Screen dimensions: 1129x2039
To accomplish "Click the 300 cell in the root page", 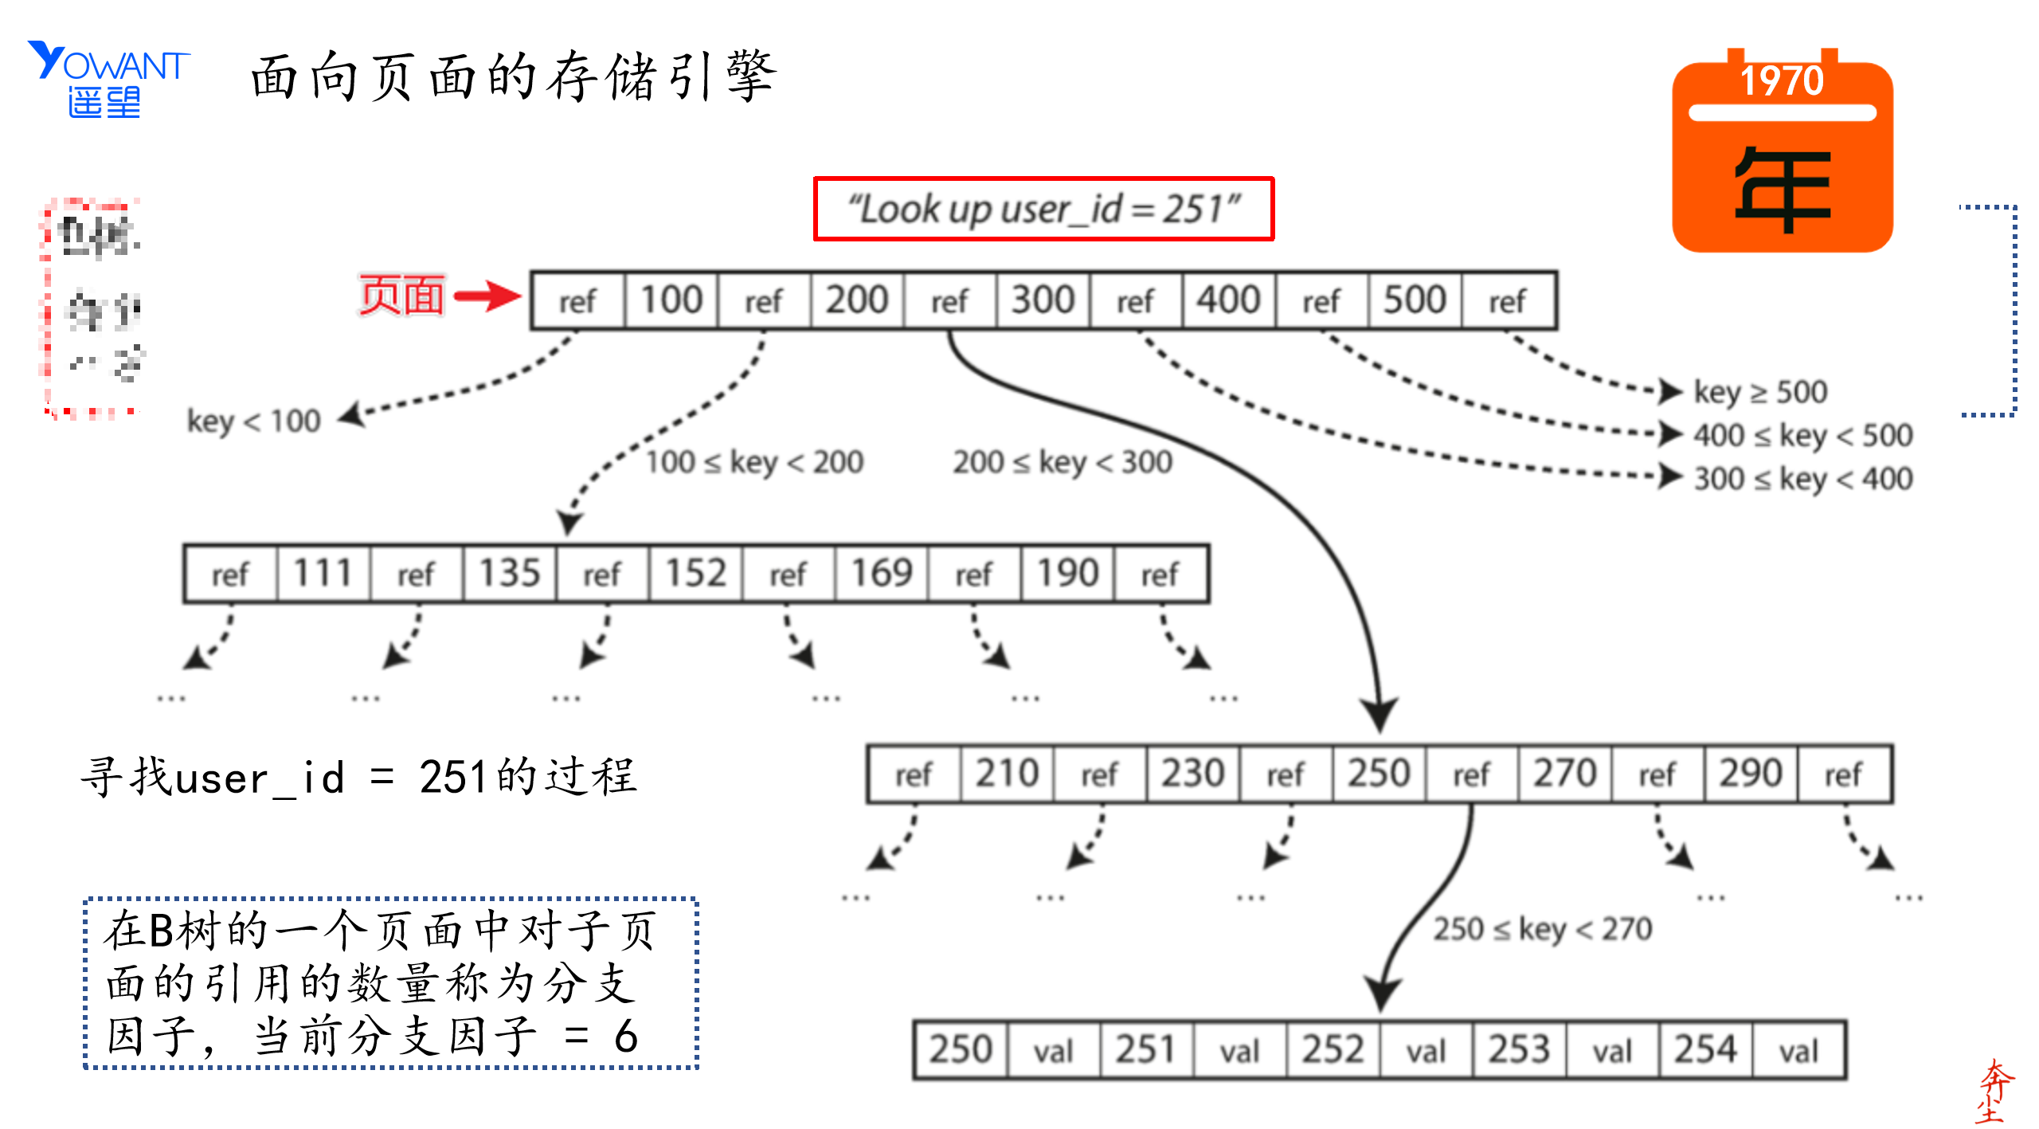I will tap(1043, 300).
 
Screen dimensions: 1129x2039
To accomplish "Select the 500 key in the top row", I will tap(1415, 300).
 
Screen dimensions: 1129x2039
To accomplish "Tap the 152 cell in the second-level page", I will tap(695, 574).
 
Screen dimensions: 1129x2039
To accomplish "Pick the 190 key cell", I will tap(1067, 574).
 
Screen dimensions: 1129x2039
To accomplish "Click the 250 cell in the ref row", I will tap(1379, 774).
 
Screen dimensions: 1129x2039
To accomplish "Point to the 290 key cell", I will tap(1751, 774).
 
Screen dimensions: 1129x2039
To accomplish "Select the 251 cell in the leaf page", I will tap(1146, 1049).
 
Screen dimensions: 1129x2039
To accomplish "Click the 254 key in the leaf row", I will tap(1704, 1049).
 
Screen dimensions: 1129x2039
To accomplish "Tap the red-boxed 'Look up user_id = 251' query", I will tap(1043, 209).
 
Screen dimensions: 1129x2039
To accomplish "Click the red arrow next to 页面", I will tap(487, 296).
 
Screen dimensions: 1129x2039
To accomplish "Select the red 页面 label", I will tap(401, 296).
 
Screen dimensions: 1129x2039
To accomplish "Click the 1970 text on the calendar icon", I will tap(1782, 80).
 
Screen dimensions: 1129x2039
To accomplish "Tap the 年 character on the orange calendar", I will tap(1783, 190).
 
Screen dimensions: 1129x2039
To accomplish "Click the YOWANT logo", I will tap(108, 78).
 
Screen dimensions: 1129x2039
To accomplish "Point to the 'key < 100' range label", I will tap(253, 421).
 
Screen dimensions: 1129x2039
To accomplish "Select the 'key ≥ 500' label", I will tap(1760, 392).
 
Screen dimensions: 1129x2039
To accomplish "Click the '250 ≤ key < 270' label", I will tap(1543, 929).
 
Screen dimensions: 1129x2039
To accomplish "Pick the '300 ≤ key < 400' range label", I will tap(1803, 479).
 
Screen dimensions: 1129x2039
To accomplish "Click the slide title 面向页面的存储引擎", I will tap(513, 77).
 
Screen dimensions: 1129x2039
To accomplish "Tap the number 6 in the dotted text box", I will tap(626, 1037).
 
